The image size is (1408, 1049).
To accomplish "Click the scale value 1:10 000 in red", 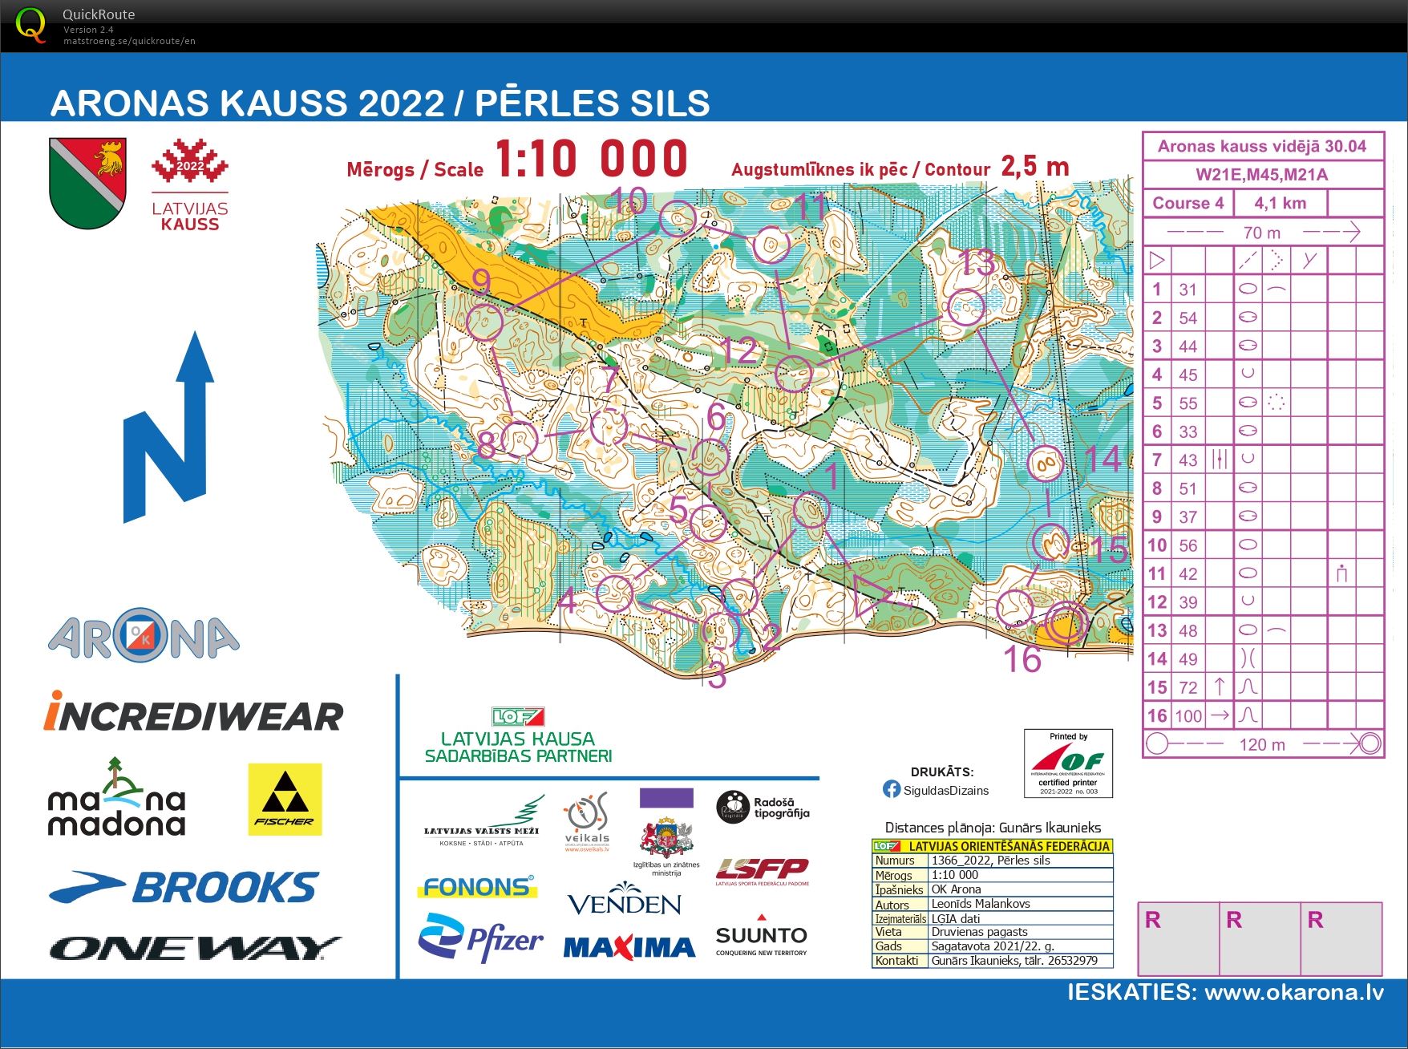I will [x=591, y=159].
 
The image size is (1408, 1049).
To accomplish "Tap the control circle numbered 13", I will [x=965, y=307].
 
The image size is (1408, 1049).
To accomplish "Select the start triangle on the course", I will [x=869, y=597].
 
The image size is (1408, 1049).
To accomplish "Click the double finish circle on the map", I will [x=1067, y=623].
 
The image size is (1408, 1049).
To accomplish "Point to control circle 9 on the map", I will [x=483, y=322].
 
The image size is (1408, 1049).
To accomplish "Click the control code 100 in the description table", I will [x=1188, y=715].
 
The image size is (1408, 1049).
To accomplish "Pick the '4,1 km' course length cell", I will [x=1280, y=203].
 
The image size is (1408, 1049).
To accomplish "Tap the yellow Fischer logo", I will [x=285, y=799].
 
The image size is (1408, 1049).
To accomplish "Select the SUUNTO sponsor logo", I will [x=761, y=936].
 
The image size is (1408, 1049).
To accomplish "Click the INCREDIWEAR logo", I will [x=193, y=714].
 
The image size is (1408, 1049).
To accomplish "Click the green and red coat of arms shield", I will [x=87, y=182].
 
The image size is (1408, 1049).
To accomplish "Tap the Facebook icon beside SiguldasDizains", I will [x=891, y=789].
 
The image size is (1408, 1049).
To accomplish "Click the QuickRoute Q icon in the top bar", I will [x=31, y=26].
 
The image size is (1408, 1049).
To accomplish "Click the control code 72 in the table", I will [x=1188, y=687].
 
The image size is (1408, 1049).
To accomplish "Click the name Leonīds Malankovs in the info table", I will [x=980, y=903].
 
